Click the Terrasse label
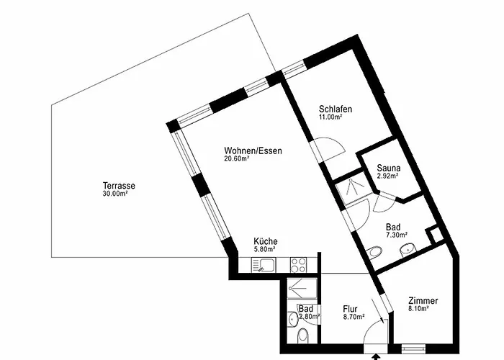[x=119, y=186]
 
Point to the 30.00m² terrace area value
[x=115, y=194]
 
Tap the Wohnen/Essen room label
[x=253, y=150]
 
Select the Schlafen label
[x=336, y=109]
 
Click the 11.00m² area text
[x=330, y=117]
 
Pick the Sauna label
[x=389, y=168]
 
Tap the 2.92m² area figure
[x=387, y=176]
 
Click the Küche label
[x=266, y=241]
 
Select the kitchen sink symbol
[x=263, y=265]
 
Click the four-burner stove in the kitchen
[x=298, y=265]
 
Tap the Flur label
[x=350, y=309]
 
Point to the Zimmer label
[x=423, y=300]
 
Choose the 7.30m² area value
[x=397, y=235]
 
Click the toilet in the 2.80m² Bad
[x=303, y=336]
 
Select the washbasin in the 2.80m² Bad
[x=293, y=319]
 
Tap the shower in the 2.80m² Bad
[x=302, y=288]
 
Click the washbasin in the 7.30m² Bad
[x=408, y=250]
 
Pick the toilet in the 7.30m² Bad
[x=374, y=251]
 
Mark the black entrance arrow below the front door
[x=375, y=356]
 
